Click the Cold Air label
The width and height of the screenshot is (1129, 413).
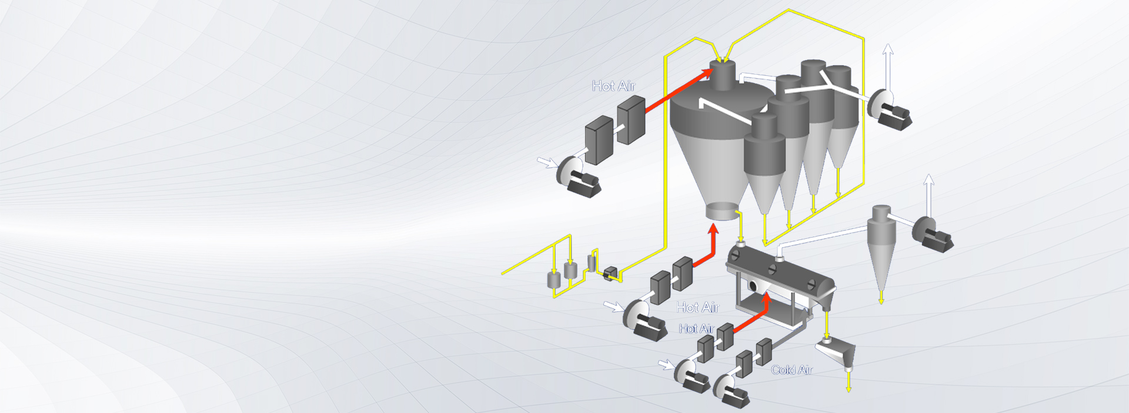pyautogui.click(x=791, y=370)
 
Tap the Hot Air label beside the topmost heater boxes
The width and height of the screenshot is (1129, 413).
pyautogui.click(x=613, y=86)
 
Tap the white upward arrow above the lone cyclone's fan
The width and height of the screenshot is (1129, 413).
pyautogui.click(x=928, y=195)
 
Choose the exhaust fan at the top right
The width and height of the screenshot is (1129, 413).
pyautogui.click(x=890, y=109)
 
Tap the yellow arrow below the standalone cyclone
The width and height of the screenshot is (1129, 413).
pyautogui.click(x=881, y=298)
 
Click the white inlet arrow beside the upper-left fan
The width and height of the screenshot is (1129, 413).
pyautogui.click(x=547, y=162)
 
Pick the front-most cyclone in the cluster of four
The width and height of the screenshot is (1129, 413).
pyautogui.click(x=764, y=162)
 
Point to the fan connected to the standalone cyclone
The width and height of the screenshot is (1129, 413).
pyautogui.click(x=932, y=235)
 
